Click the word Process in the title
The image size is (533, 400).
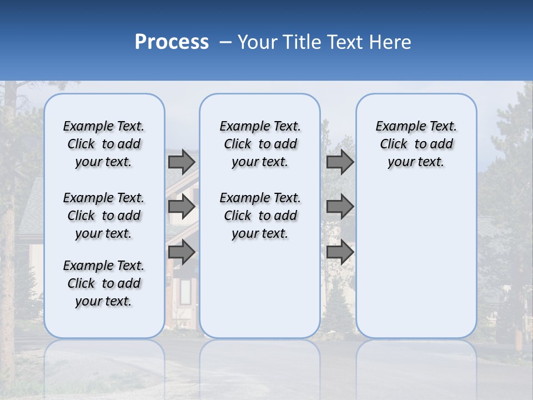coord(172,42)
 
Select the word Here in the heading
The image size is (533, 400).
coord(391,42)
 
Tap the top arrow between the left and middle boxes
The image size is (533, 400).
coord(182,162)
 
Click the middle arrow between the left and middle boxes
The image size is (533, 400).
coord(182,207)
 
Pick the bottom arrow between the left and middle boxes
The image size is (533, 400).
coord(182,252)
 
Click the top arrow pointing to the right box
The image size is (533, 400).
coord(340,162)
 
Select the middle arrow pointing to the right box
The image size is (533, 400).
coord(340,207)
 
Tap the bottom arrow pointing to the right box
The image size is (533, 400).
coord(340,252)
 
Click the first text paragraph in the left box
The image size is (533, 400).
coord(104,144)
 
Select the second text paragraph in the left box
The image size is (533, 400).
coord(104,216)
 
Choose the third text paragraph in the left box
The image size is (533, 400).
coord(104,283)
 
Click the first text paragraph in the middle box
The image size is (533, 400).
coord(260,144)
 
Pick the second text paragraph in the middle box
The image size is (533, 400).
coord(260,216)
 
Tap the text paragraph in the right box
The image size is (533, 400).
coord(416,144)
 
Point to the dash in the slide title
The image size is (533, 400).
coord(225,42)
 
